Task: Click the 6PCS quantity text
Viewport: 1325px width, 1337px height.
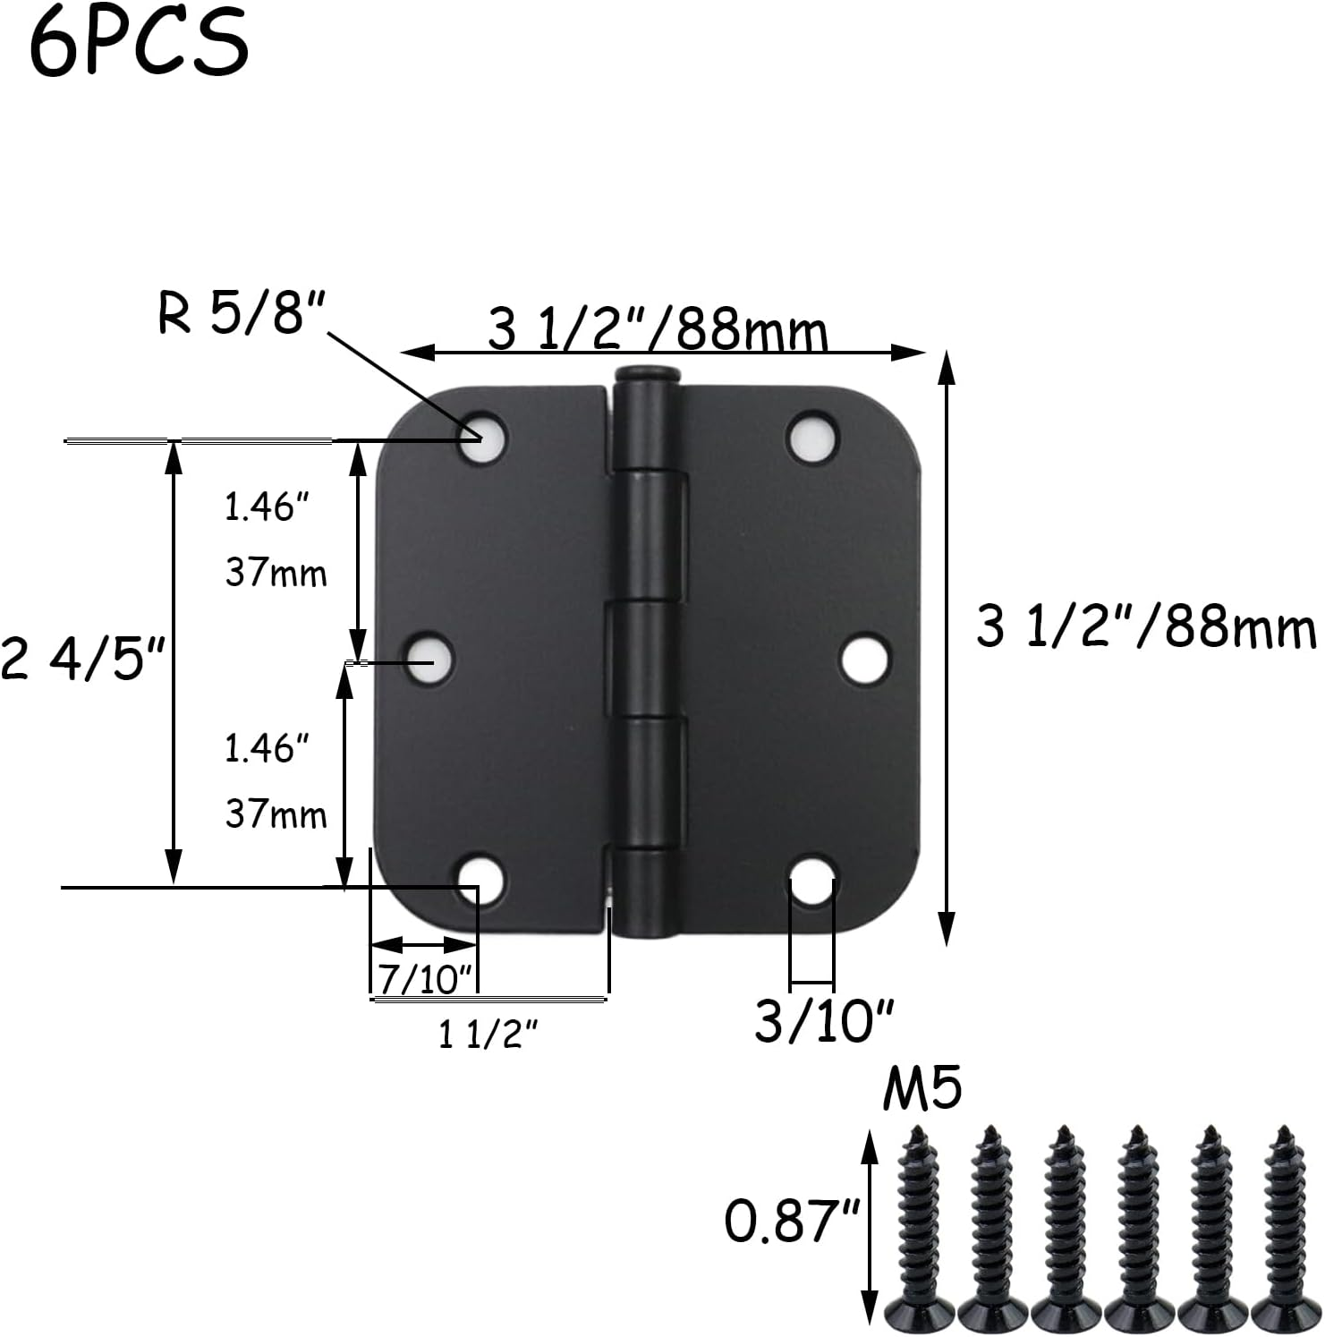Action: pyautogui.click(x=139, y=43)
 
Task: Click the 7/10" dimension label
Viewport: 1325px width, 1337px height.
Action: pyautogui.click(x=423, y=980)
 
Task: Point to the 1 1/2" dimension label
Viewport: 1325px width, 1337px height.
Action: pyautogui.click(x=488, y=1035)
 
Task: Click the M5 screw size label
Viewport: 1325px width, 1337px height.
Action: pyautogui.click(x=922, y=1090)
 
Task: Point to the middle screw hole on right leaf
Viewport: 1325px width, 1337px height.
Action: pyautogui.click(x=865, y=659)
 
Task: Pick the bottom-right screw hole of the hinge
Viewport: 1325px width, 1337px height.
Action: pyautogui.click(x=813, y=880)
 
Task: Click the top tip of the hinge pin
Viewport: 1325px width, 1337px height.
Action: pyautogui.click(x=646, y=373)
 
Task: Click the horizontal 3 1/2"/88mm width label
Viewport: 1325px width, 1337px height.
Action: pyautogui.click(x=658, y=330)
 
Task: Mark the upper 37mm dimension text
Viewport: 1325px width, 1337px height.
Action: pyautogui.click(x=276, y=573)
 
